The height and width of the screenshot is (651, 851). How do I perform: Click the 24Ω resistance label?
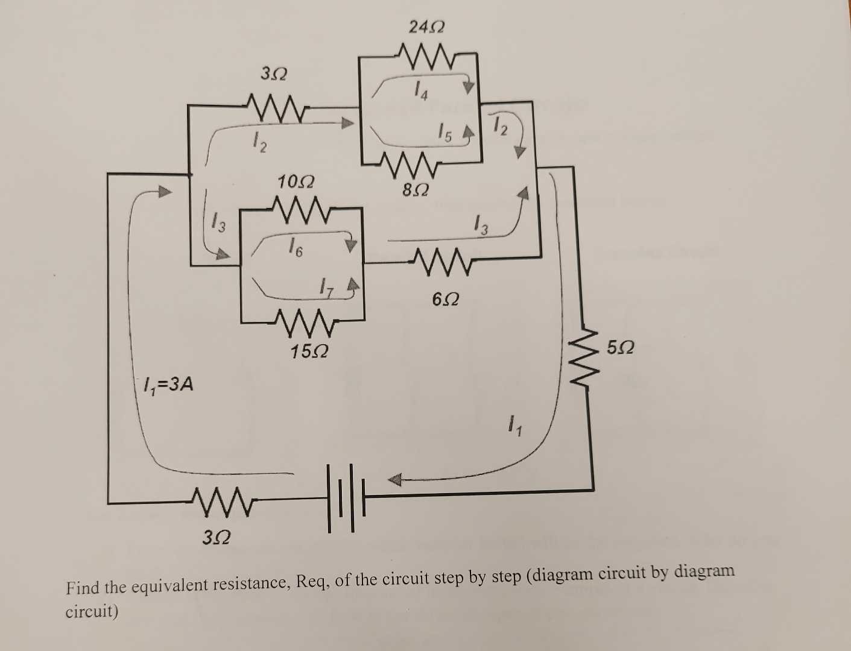tap(426, 27)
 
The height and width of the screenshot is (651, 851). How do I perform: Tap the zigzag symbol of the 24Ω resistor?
tap(426, 56)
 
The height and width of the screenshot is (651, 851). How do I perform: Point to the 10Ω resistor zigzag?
tap(300, 210)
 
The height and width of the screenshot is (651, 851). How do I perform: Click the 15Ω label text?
tap(309, 351)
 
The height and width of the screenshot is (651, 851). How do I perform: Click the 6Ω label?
tap(446, 298)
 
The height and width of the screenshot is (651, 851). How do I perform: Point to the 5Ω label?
tap(621, 348)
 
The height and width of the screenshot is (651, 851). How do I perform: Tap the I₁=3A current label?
tap(168, 384)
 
